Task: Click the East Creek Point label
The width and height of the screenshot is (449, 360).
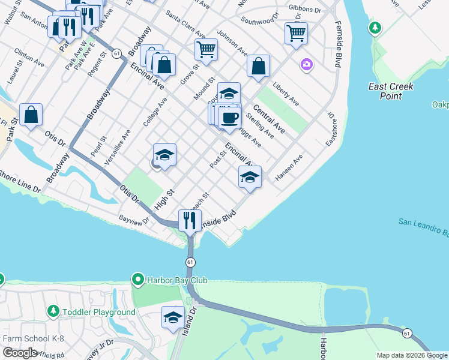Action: coord(391,91)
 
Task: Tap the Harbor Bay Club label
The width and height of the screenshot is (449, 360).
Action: coord(170,280)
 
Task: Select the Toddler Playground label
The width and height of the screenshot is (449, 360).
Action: coord(100,312)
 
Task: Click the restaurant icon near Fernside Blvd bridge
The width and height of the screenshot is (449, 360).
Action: coord(190,220)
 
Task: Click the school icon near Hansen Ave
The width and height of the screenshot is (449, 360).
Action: coord(250,177)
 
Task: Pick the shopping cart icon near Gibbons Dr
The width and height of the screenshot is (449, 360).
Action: coord(296,34)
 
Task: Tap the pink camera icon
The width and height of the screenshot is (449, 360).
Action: coord(307,64)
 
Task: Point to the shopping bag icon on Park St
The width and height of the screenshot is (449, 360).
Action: coord(31,114)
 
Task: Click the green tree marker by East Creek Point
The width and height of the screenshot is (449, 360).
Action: coord(375,28)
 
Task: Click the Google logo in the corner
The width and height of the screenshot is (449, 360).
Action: coord(20,353)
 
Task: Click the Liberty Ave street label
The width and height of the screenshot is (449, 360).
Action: coord(286,94)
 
